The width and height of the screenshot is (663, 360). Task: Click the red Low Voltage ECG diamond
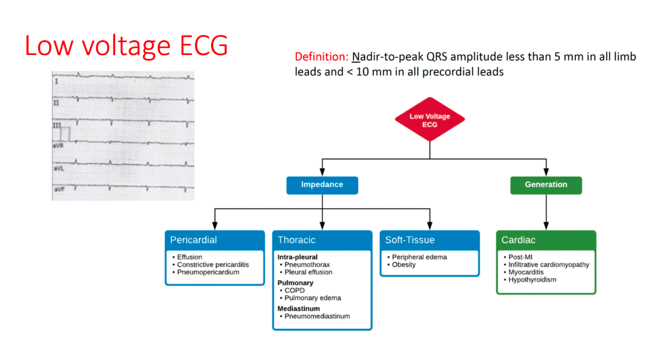pos(430,120)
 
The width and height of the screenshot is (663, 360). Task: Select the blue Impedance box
pos(322,185)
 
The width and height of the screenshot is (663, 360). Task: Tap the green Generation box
pos(546,185)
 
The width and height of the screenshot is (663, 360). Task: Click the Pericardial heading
pos(194,240)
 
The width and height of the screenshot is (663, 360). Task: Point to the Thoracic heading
pos(297,240)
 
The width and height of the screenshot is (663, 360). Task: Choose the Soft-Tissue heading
pos(410,240)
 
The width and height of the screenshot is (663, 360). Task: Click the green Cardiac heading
pos(519,240)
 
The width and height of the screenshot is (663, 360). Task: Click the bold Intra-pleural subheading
pos(297,257)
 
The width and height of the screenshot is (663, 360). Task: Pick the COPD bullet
pos(295,291)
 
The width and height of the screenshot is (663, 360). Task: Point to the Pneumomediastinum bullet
pos(317,316)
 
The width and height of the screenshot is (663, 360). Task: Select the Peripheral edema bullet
pos(419,257)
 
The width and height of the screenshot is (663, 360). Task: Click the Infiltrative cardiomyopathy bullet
pos(543,265)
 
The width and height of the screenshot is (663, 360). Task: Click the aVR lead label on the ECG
pos(58,146)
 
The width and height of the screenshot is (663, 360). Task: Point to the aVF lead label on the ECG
pos(58,189)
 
